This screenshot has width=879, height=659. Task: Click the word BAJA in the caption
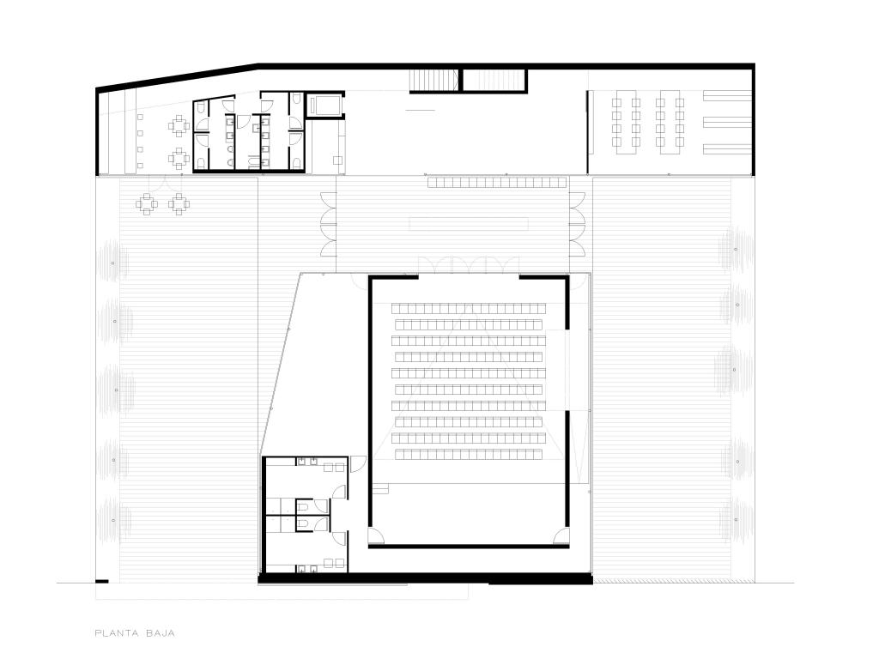coord(161,633)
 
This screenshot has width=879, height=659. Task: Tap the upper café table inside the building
coord(179,126)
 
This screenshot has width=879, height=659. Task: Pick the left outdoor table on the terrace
coord(146,204)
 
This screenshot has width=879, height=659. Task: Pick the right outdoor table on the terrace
coord(179,204)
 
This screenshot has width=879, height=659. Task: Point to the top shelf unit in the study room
coord(727,96)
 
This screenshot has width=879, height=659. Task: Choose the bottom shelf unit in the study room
coord(727,148)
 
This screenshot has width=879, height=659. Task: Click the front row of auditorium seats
coord(469,455)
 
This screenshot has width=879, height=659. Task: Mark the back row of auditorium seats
coord(469,308)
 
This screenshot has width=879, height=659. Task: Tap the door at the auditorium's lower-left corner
coord(377,537)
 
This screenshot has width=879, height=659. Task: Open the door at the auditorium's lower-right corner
coord(561,536)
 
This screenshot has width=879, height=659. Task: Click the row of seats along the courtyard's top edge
coord(497,182)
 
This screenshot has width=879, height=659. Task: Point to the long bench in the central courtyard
coord(469,224)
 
